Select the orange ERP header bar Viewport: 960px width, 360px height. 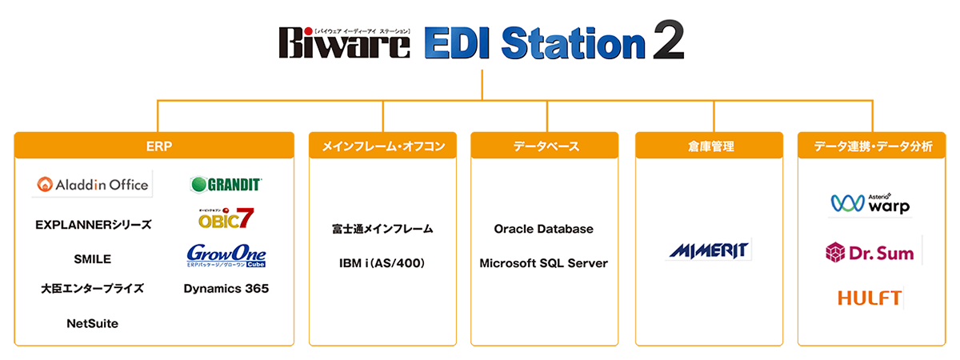click(x=154, y=146)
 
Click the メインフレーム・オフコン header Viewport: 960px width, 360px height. click(x=382, y=146)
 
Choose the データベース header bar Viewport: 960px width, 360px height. click(x=545, y=146)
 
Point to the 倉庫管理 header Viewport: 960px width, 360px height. click(x=709, y=146)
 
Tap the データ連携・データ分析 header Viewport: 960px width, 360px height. click(x=872, y=146)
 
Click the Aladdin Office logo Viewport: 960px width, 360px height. click(x=92, y=185)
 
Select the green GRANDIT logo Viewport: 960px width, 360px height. click(x=226, y=185)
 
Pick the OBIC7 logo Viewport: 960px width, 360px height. click(x=226, y=218)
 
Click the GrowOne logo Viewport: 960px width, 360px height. click(x=226, y=255)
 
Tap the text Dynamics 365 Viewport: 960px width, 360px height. click(x=226, y=289)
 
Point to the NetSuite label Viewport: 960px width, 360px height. click(x=92, y=324)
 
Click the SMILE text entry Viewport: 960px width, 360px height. click(x=92, y=259)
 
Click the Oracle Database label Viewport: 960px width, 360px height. click(x=544, y=229)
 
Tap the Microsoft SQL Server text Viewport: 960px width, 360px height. click(x=544, y=263)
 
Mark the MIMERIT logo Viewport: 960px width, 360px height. click(x=709, y=250)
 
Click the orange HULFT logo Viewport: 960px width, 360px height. click(x=870, y=298)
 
